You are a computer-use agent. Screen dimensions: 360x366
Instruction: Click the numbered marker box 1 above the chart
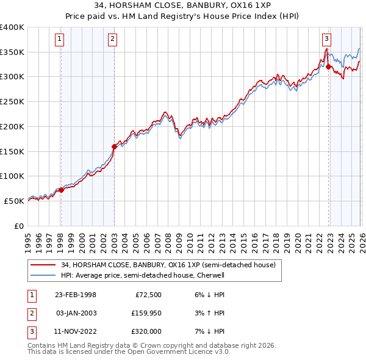click(x=60, y=40)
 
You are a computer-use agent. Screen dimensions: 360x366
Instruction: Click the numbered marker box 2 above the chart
click(x=113, y=40)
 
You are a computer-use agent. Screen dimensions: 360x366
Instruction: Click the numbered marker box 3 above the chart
click(x=327, y=40)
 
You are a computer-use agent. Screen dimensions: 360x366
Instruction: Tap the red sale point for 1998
click(x=61, y=190)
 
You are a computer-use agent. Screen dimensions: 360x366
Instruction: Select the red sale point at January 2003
click(x=114, y=146)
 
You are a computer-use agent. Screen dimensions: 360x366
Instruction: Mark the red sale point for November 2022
click(x=328, y=67)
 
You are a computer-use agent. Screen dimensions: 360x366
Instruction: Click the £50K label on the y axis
click(x=15, y=201)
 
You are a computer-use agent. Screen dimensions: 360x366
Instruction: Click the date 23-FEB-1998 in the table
click(x=76, y=295)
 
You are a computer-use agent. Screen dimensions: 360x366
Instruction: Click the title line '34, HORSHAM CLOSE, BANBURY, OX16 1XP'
click(x=183, y=6)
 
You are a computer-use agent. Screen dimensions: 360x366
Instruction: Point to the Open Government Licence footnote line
click(x=129, y=352)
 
